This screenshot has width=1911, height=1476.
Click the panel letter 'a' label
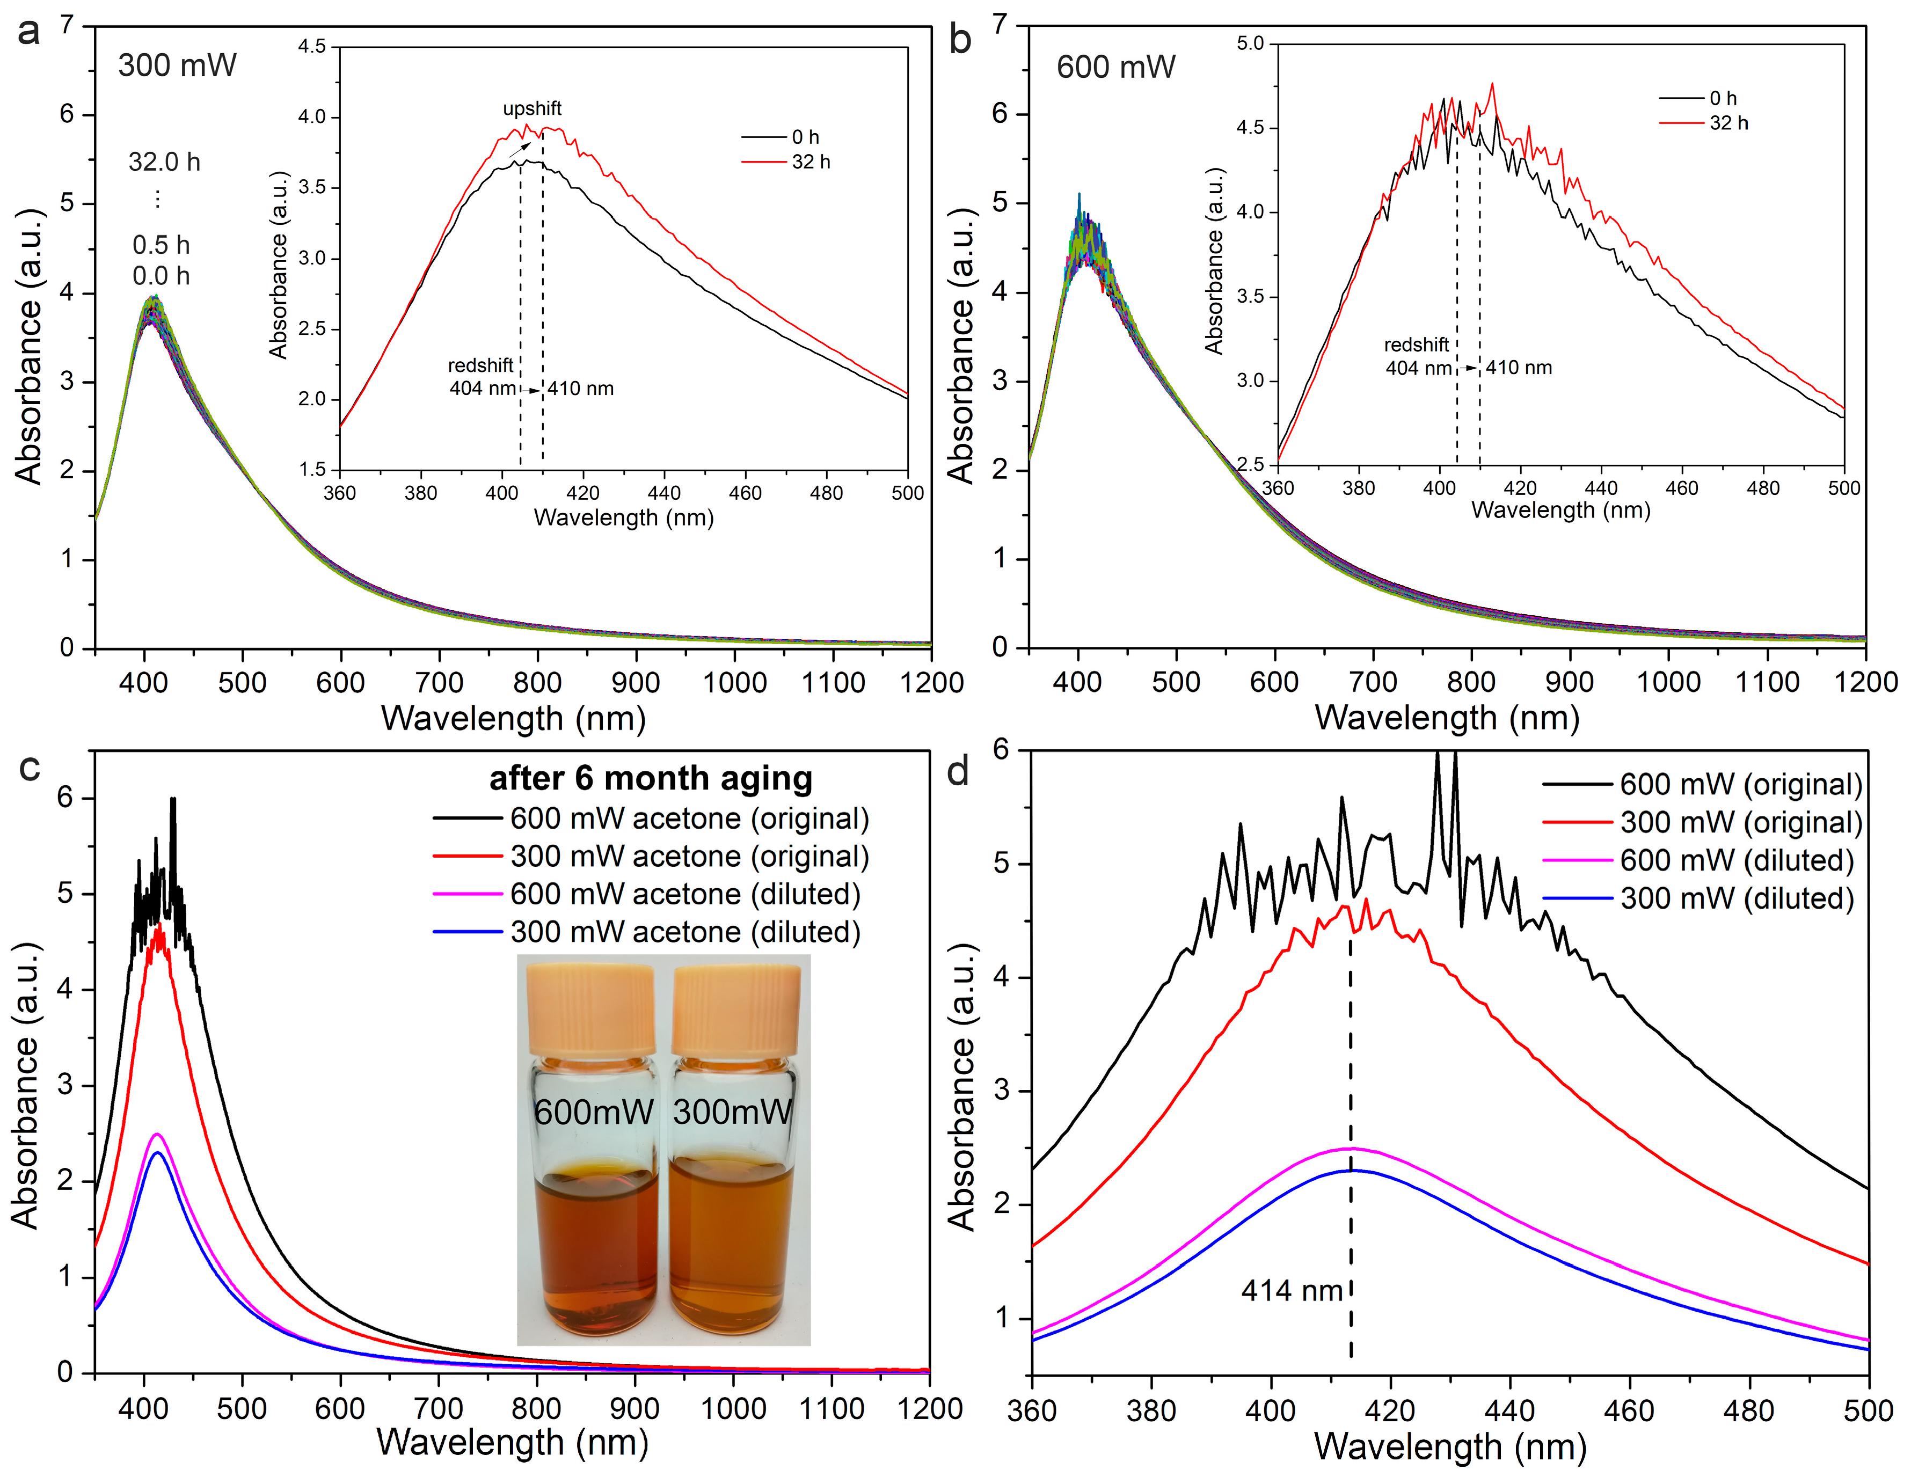coord(29,32)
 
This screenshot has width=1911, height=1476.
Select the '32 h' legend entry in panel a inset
coord(810,162)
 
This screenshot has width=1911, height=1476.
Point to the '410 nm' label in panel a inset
coord(581,389)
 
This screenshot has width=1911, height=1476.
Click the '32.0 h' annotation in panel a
coord(164,162)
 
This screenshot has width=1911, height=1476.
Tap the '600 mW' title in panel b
coord(1115,68)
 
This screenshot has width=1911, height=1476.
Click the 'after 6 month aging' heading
coord(650,778)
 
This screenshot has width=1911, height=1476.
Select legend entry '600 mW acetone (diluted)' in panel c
coord(685,894)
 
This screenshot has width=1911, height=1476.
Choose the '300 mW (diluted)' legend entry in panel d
coord(1737,898)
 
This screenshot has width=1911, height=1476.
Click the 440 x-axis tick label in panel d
coord(1509,1411)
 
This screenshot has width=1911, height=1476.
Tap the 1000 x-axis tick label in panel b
coord(1668,682)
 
